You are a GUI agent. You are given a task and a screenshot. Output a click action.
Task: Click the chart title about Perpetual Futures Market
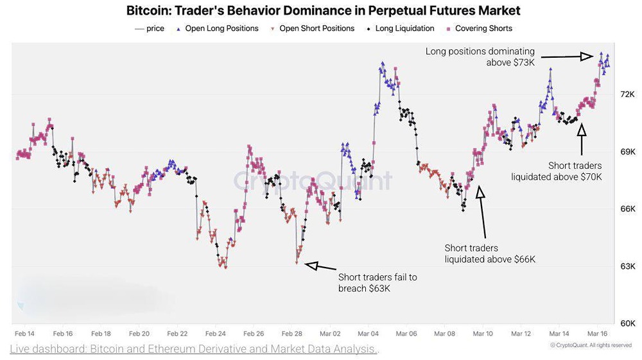point(323,11)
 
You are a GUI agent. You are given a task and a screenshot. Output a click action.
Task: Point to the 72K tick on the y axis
point(627,94)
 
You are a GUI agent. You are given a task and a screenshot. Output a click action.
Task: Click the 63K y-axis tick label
point(627,266)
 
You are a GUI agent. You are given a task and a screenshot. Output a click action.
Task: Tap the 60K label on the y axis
point(627,323)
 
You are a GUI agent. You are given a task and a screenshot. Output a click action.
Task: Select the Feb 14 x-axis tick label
point(25,334)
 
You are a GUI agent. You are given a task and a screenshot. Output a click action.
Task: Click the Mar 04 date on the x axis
point(369,334)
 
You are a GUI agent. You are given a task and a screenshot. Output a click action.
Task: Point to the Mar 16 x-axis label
point(598,334)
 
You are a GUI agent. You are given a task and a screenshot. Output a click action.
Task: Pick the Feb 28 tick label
point(293,334)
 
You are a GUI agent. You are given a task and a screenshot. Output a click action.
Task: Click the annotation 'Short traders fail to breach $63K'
point(377,283)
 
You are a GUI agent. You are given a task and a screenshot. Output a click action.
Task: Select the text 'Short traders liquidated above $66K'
point(490,253)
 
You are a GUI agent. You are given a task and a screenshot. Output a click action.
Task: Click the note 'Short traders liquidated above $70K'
point(557,171)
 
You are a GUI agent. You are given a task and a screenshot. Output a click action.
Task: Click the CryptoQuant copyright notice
point(591,345)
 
